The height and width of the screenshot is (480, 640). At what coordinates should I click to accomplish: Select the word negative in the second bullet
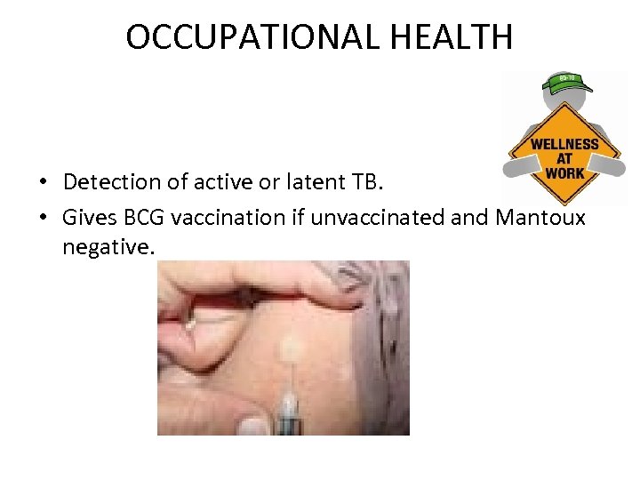(108, 247)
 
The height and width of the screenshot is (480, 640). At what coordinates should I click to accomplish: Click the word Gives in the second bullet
(89, 218)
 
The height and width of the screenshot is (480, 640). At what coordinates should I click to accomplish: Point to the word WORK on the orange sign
(564, 172)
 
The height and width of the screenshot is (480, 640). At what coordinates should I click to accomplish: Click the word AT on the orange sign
(564, 159)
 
